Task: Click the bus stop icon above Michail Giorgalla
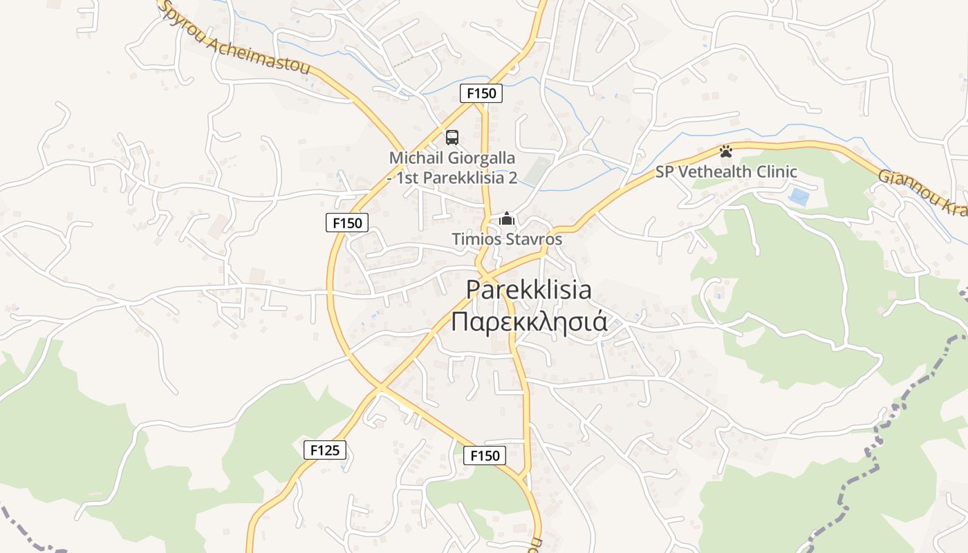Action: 452,137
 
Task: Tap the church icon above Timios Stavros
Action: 507,219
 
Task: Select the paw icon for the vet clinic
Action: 725,151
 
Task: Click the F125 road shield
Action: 324,450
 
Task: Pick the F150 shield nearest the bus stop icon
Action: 481,93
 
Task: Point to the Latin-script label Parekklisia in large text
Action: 529,290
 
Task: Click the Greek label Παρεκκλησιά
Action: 529,322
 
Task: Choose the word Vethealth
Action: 712,172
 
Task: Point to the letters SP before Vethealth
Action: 664,172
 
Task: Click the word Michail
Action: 413,158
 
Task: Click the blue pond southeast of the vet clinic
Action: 799,197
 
